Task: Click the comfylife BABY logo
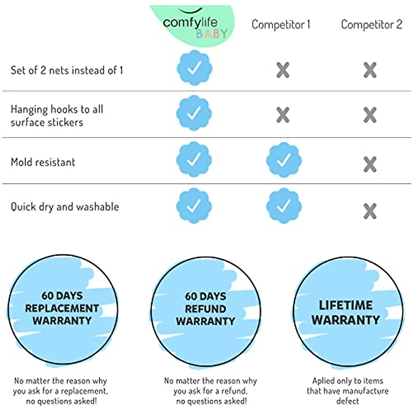(192, 25)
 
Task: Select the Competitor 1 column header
(281, 25)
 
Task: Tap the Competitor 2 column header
(371, 25)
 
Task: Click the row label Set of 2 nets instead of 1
(67, 70)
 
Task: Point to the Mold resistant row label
(43, 162)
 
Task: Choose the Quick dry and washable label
(65, 207)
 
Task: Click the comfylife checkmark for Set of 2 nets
(194, 68)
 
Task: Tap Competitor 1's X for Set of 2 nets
(283, 70)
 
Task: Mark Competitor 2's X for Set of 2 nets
(370, 70)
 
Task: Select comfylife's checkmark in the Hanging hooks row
(194, 113)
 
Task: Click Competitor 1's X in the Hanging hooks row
(283, 115)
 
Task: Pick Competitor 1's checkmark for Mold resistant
(284, 160)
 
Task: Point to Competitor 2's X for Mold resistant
(370, 164)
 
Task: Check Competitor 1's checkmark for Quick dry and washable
(284, 206)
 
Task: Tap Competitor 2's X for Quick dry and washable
(370, 211)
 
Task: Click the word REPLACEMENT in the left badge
(62, 308)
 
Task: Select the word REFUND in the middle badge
(205, 309)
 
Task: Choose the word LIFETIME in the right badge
(346, 305)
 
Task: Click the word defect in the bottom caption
(348, 401)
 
